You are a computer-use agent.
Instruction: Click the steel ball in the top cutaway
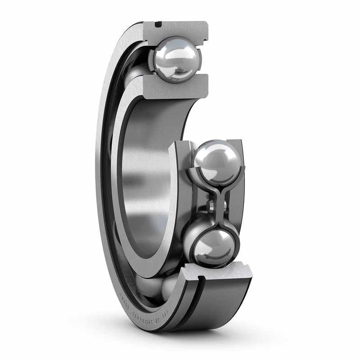click(176, 59)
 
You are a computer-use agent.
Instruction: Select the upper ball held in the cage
click(217, 161)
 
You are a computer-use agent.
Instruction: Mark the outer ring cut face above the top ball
click(180, 28)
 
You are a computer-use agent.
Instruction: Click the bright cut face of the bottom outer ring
click(216, 270)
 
